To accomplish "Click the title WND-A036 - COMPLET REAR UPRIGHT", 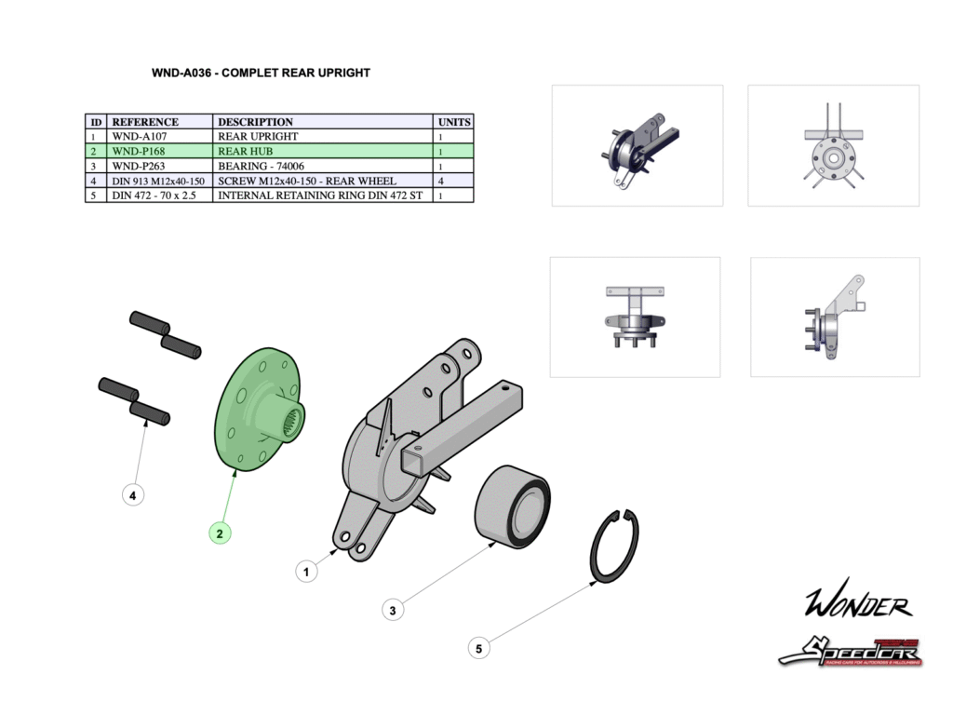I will click(x=261, y=73).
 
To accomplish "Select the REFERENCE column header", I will click(x=144, y=122).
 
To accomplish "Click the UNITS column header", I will click(x=454, y=122).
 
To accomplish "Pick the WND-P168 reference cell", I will click(x=139, y=151).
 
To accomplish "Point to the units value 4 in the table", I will click(x=441, y=181).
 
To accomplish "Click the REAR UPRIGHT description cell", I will click(x=258, y=137).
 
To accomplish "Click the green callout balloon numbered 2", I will click(x=220, y=533).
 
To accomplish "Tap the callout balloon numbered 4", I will click(x=133, y=496).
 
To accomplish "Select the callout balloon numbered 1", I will click(x=307, y=570).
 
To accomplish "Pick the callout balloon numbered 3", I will click(x=394, y=611).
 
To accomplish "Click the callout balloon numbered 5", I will click(x=478, y=649).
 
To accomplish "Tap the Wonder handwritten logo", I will click(x=857, y=605).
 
